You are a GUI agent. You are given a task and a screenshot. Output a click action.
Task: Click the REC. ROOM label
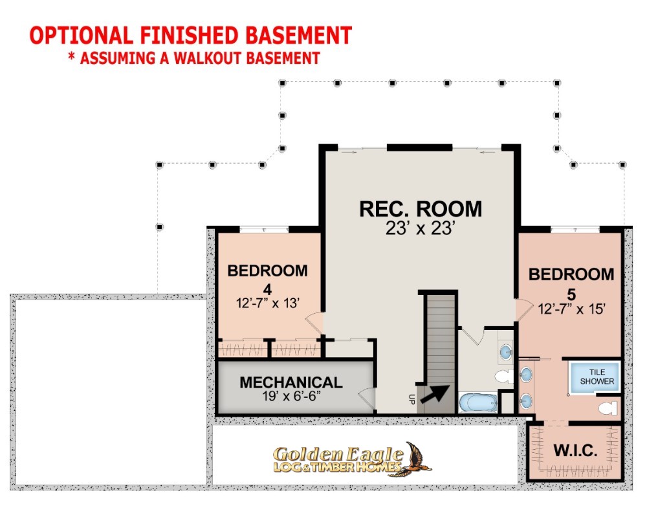coord(421,209)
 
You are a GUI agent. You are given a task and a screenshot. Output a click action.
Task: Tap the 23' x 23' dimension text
coord(421,228)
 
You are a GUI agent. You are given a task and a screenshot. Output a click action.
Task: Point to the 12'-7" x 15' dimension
coord(571,309)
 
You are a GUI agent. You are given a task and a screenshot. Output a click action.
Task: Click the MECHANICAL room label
coord(291,382)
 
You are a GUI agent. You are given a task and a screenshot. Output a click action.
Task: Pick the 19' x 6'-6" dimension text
coord(291,396)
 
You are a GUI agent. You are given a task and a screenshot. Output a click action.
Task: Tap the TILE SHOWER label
coord(597,377)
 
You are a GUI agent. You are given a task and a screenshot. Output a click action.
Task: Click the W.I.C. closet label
coord(575,450)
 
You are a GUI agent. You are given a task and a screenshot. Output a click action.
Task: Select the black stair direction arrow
coord(435,394)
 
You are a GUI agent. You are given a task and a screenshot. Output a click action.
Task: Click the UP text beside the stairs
coord(411,399)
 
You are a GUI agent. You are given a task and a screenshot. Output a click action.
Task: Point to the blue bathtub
coord(478,402)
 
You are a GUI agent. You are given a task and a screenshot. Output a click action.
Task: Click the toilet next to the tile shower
coord(608,408)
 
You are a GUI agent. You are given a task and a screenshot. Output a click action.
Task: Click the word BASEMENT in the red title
coord(299,36)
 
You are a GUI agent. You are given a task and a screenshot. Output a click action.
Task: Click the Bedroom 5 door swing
coord(523,309)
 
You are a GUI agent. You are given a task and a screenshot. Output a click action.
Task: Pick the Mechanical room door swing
coord(366,399)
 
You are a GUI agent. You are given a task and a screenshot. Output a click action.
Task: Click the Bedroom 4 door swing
coord(314,323)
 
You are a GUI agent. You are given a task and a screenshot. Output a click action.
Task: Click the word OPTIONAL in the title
coord(82,36)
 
